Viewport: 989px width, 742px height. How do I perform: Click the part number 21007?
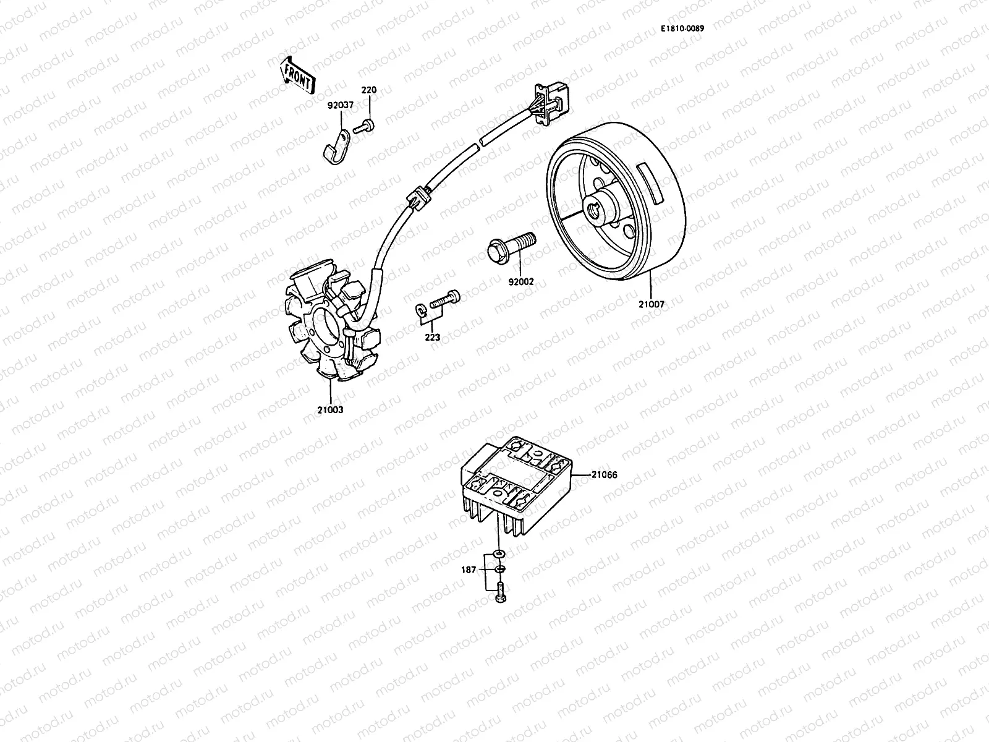point(652,304)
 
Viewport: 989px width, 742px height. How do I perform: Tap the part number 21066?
point(604,475)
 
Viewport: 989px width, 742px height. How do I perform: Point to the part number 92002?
point(520,282)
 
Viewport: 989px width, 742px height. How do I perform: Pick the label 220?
point(368,90)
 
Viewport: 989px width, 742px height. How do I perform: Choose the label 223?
point(432,337)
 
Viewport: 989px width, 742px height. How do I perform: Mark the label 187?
point(469,569)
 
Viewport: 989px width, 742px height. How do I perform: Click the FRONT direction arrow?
point(299,75)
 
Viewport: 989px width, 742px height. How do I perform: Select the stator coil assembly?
point(331,328)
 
